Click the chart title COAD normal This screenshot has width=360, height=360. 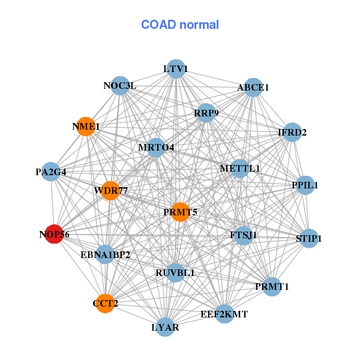[180, 25]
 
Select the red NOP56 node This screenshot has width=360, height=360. [55, 235]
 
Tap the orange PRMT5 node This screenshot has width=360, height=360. [181, 212]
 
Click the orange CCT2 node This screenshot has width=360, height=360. [105, 304]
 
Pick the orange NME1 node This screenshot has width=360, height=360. [86, 127]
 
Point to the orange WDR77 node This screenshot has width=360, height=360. [111, 191]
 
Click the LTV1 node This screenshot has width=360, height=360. [175, 69]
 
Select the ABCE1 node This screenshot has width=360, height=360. [253, 88]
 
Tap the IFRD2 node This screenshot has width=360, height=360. [292, 133]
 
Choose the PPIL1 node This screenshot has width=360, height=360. [305, 185]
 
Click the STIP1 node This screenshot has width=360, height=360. [309, 238]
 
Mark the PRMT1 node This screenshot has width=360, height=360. [272, 287]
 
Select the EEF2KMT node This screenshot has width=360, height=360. [224, 314]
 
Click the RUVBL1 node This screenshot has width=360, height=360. [175, 273]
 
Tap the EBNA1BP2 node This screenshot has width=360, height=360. [105, 254]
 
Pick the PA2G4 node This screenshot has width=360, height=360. [50, 172]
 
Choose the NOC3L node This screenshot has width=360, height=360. [120, 86]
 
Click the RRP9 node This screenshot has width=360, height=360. [206, 113]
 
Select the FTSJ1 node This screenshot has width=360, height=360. [243, 235]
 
